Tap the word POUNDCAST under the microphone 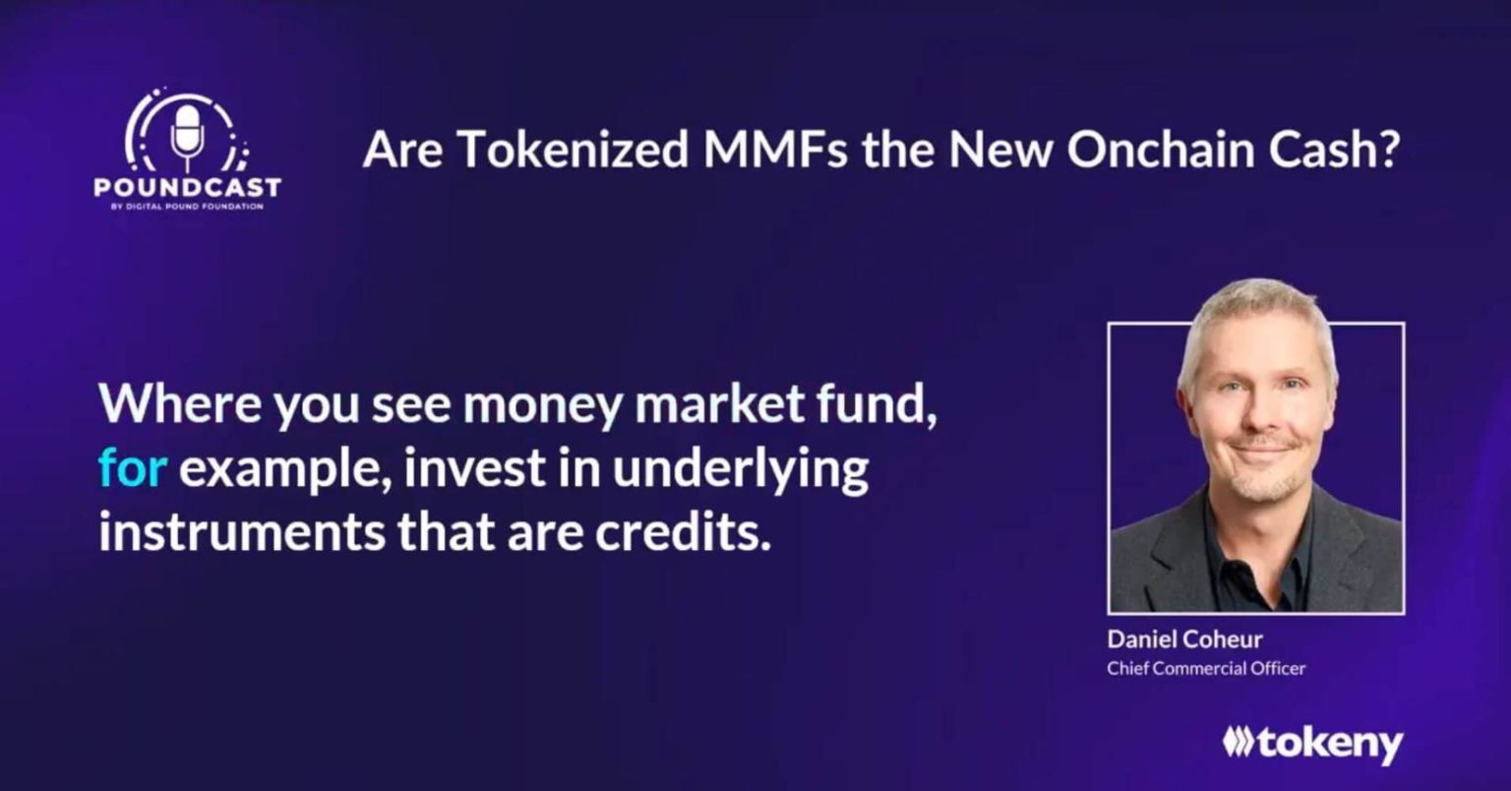point(188,187)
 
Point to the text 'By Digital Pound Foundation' point(187,207)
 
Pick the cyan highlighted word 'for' point(132,467)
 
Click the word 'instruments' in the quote point(242,532)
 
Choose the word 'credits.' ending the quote point(683,532)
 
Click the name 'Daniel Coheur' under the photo point(1184,639)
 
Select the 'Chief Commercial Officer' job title point(1206,668)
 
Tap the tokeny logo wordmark point(1330,745)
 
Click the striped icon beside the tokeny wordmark point(1239,742)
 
